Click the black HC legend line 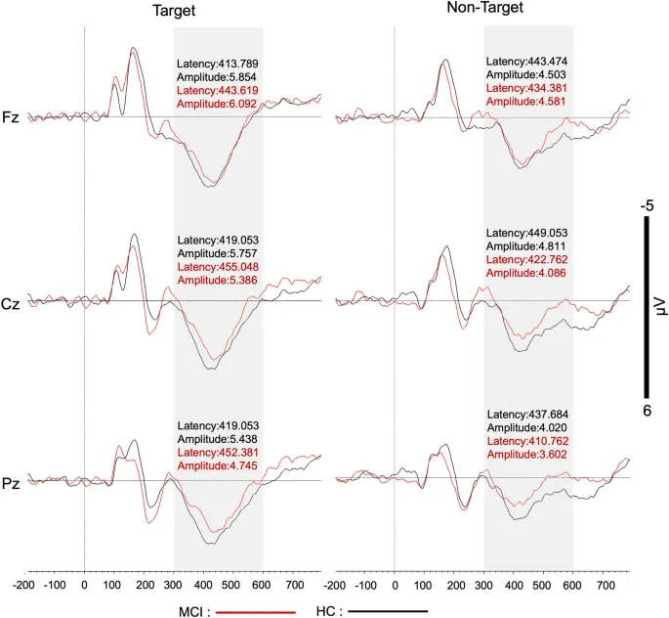(388, 611)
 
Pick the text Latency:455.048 (217, 267)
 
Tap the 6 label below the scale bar (647, 411)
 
